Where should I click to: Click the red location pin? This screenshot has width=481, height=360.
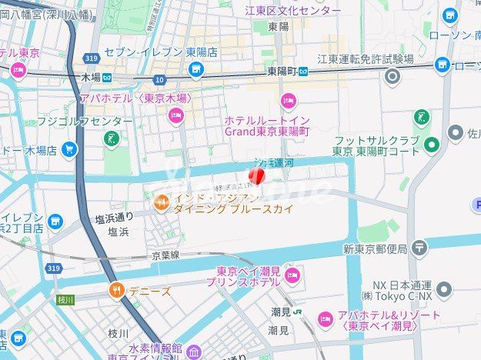259,176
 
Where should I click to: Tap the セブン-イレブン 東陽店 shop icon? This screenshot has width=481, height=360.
196,70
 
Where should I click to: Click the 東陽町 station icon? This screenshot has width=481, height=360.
303,71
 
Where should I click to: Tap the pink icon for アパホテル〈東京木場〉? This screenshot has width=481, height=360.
175,115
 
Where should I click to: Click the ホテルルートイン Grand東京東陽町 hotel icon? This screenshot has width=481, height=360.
289,100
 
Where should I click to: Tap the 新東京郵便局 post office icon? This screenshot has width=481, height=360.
419,248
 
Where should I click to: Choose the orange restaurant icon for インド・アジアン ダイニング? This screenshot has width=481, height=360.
161,202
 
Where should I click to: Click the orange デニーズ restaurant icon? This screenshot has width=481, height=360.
117,291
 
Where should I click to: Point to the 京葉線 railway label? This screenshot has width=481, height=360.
165,255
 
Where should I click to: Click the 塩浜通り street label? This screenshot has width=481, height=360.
115,218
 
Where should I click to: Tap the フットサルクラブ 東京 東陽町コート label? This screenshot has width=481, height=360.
376,145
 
